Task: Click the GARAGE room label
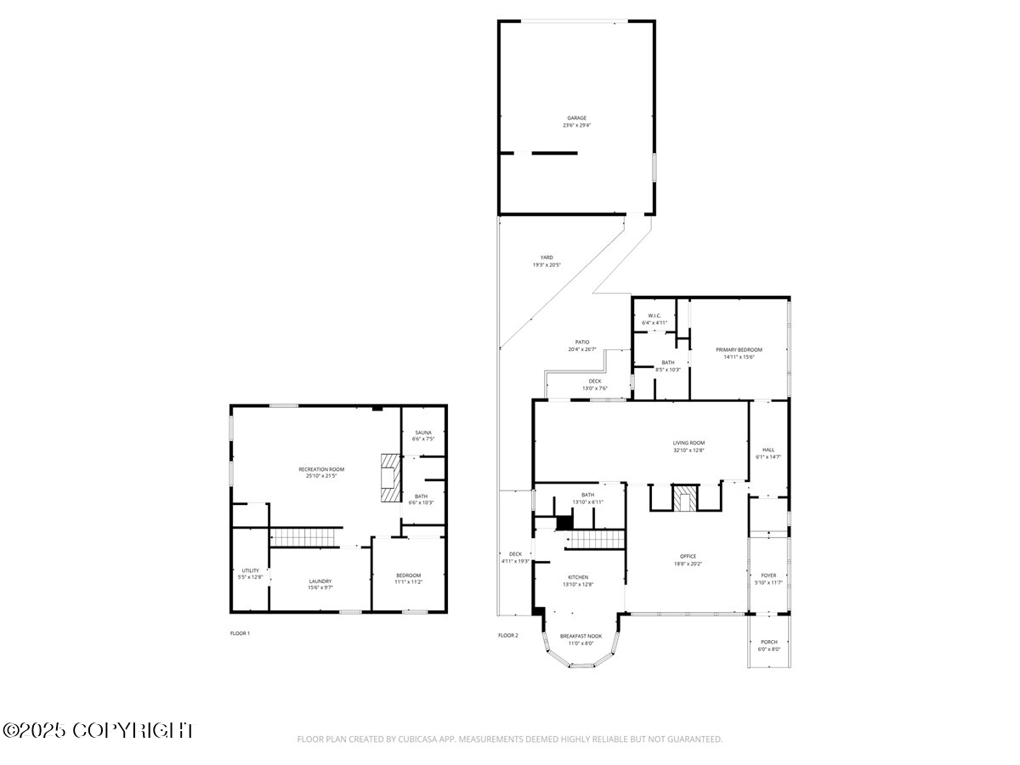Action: pyautogui.click(x=577, y=118)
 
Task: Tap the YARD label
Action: pyautogui.click(x=547, y=258)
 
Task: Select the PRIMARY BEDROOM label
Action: pyautogui.click(x=739, y=349)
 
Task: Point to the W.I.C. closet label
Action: pyautogui.click(x=654, y=316)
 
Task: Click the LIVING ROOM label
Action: pyautogui.click(x=688, y=443)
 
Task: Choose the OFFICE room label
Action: pyautogui.click(x=688, y=556)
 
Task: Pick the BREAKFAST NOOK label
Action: pyautogui.click(x=581, y=636)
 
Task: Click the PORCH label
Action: pyautogui.click(x=768, y=642)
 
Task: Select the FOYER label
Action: pyautogui.click(x=768, y=575)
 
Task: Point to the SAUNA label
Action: pyautogui.click(x=422, y=433)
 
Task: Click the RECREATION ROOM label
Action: pyautogui.click(x=321, y=469)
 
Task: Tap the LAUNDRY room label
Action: pyautogui.click(x=320, y=581)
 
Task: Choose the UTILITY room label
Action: pyautogui.click(x=250, y=570)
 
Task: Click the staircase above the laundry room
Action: pyautogui.click(x=304, y=537)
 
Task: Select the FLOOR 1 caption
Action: pyautogui.click(x=240, y=633)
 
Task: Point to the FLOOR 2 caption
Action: pyautogui.click(x=507, y=635)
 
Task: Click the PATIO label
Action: pyautogui.click(x=582, y=342)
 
